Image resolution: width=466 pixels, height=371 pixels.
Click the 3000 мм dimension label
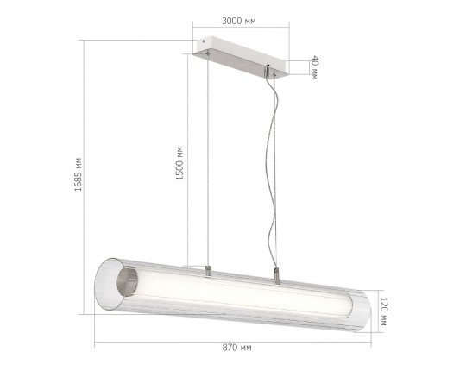click(x=239, y=21)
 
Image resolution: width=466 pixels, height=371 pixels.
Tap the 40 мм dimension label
click(x=314, y=67)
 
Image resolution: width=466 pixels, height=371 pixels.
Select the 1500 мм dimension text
click(x=179, y=163)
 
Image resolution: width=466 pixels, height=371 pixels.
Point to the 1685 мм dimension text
click(x=78, y=174)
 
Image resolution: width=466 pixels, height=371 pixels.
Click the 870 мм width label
click(x=236, y=347)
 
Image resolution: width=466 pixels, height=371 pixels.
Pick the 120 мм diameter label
click(x=384, y=311)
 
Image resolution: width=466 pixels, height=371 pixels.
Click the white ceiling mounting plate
click(x=241, y=56)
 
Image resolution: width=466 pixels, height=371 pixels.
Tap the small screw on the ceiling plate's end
click(x=204, y=41)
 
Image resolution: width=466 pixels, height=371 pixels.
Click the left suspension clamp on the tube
click(x=208, y=271)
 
